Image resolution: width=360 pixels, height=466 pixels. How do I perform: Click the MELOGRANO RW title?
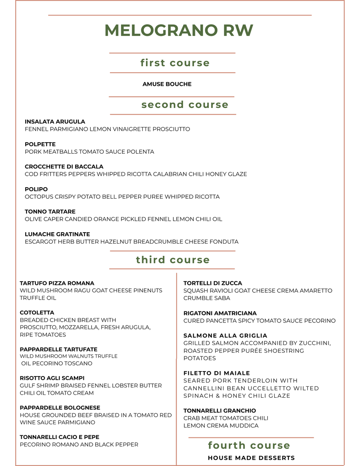tap(179, 31)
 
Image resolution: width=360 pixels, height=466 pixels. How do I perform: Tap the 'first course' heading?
tap(175, 63)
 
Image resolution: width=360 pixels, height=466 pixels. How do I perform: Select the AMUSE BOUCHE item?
tap(167, 84)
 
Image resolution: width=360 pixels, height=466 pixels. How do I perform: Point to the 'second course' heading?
tap(185, 105)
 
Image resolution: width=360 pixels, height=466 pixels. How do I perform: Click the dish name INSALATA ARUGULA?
tap(55, 122)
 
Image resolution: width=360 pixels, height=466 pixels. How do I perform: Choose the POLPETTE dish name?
tap(40, 144)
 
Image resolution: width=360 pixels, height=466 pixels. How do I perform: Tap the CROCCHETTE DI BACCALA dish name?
tap(64, 167)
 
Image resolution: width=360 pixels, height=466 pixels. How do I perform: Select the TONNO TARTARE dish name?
tap(50, 212)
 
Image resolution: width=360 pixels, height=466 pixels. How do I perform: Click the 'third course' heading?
tap(172, 260)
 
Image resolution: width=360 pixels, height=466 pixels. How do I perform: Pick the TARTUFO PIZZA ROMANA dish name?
tap(57, 283)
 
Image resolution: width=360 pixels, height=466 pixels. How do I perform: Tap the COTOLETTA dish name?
tap(37, 313)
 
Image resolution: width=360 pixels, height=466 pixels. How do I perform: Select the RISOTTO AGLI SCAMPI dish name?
tap(52, 378)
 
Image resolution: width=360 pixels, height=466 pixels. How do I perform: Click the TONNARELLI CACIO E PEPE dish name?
tap(60, 437)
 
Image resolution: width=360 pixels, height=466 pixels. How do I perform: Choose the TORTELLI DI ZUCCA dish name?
tap(212, 283)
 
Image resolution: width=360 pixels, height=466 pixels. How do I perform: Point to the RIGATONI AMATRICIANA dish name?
tap(220, 313)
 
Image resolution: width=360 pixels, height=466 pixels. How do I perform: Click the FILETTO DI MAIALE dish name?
tap(217, 373)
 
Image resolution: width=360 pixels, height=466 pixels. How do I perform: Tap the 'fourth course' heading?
tap(249, 445)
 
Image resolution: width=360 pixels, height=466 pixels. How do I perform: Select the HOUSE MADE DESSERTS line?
tap(251, 458)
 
